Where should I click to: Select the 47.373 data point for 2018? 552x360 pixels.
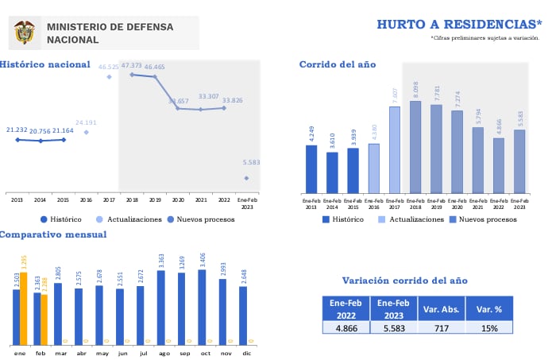coord(132,75)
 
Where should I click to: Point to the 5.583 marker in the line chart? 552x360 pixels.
coord(246,178)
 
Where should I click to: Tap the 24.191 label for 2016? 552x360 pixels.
coord(86,123)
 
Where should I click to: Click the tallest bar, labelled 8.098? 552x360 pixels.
coord(415,147)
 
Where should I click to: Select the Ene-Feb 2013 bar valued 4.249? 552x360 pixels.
coord(311,168)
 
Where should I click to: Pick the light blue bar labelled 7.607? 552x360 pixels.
coord(394,150)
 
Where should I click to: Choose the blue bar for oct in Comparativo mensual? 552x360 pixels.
coord(202,307)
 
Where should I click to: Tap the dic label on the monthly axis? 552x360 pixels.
coord(245,352)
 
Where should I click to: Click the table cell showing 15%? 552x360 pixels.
coord(488,327)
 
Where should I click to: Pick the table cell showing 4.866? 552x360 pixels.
coord(345,327)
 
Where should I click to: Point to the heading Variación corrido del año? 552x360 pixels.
coord(404,281)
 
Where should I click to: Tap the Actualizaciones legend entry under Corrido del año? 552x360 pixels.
coord(411,219)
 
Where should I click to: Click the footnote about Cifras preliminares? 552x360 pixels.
coord(485,37)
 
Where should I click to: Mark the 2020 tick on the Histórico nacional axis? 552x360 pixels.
coord(178,199)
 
